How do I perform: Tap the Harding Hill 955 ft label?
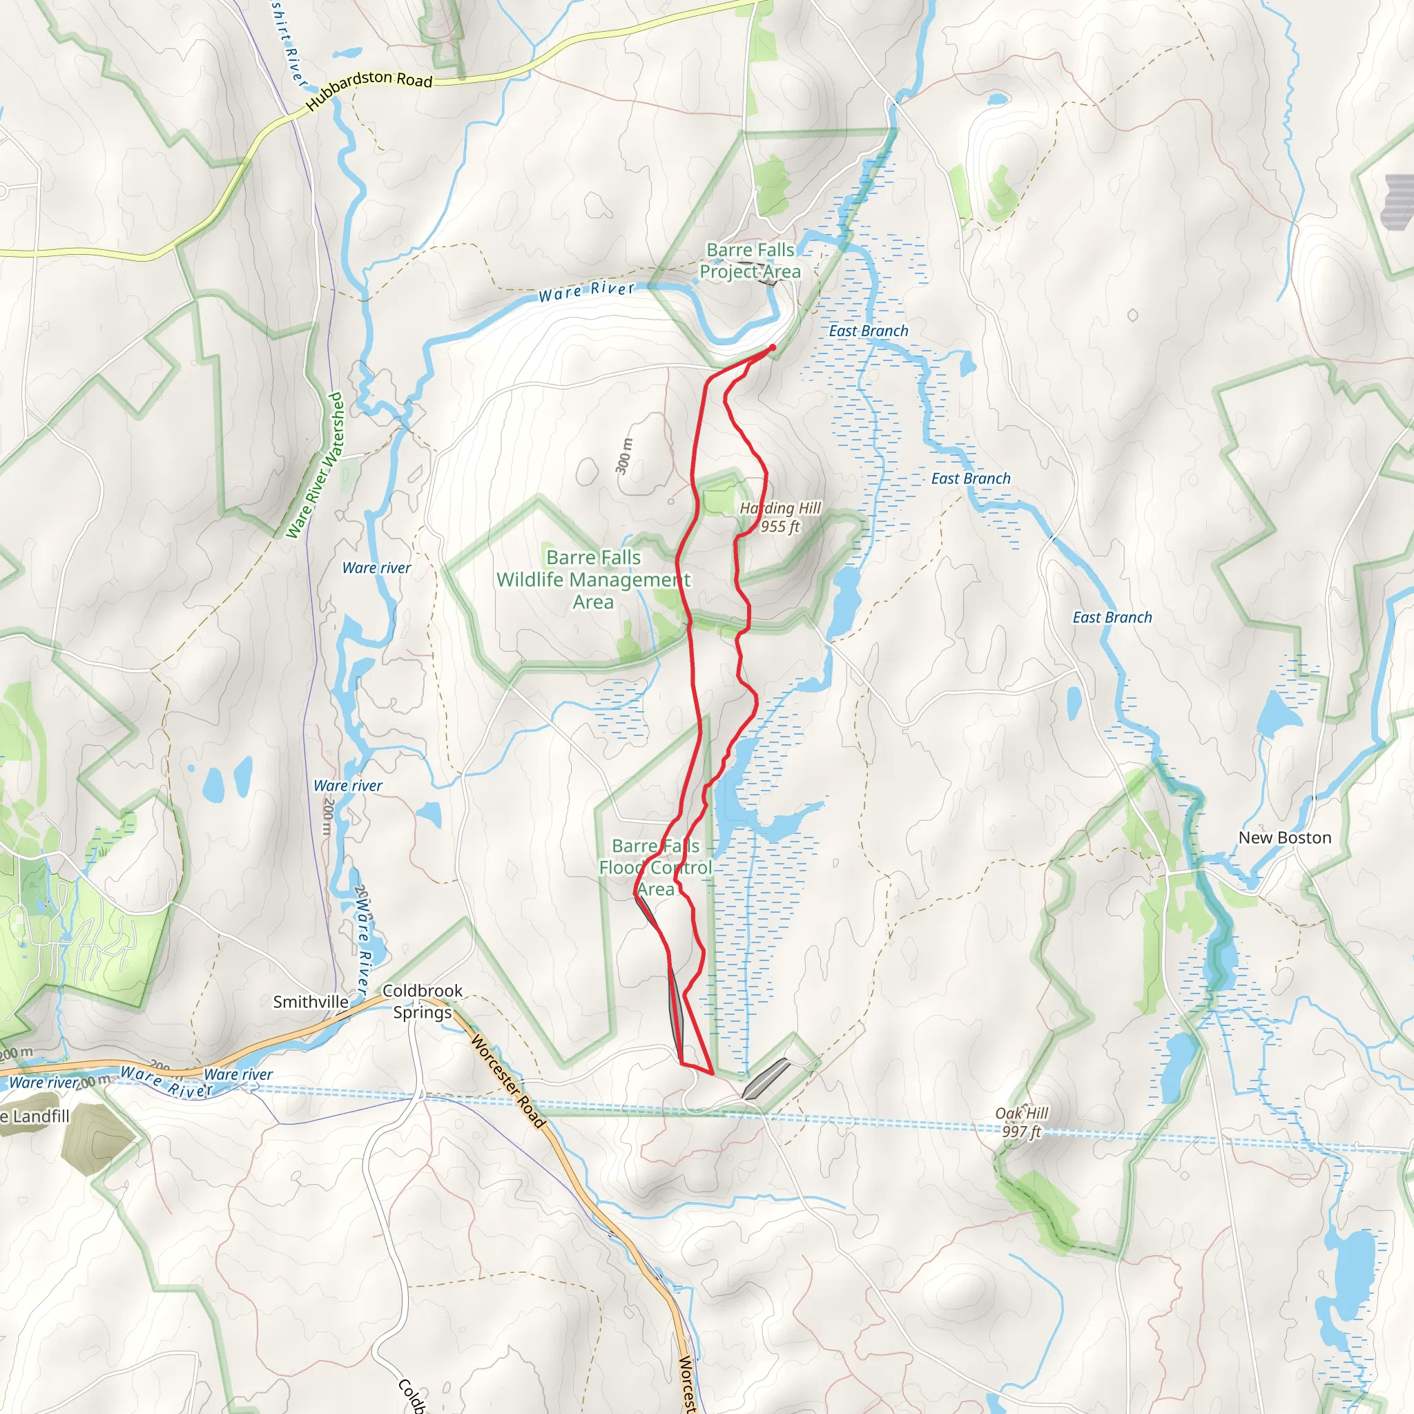780,516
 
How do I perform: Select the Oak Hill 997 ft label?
1022,1122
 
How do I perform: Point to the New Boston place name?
1284,838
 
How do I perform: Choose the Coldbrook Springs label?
423,1001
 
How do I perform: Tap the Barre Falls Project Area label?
750,260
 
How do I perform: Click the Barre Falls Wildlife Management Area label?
594,580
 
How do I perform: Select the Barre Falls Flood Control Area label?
656,867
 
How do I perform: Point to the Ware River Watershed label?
315,465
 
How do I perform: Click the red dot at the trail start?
772,348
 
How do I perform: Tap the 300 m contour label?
623,456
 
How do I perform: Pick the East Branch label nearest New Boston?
1112,618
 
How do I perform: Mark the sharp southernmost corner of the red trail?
712,1073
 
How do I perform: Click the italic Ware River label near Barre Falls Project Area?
586,291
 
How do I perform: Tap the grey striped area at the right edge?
1399,202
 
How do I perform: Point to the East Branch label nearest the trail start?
868,331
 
